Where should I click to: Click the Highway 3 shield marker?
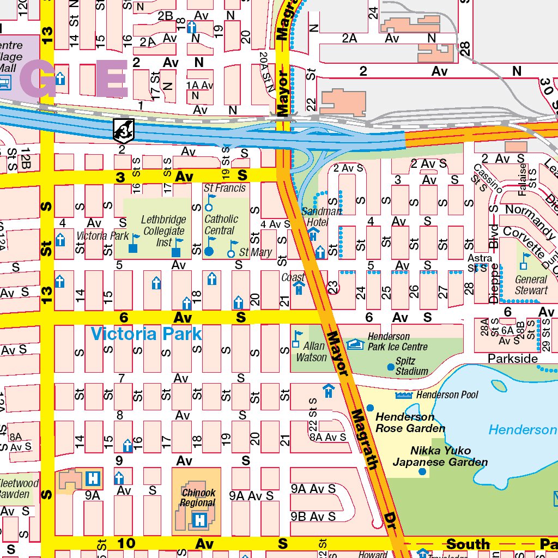click(x=123, y=130)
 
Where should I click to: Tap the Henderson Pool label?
click(x=447, y=395)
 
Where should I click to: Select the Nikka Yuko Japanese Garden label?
click(x=440, y=457)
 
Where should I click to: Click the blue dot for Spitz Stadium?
click(x=391, y=367)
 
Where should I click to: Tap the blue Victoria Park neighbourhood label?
click(x=146, y=334)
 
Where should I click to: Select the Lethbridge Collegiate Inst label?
click(x=163, y=231)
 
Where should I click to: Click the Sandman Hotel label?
click(x=322, y=216)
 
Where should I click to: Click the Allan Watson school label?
click(x=311, y=352)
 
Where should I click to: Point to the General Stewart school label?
click(x=531, y=285)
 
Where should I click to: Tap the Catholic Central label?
click(x=221, y=225)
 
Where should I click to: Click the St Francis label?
click(x=225, y=188)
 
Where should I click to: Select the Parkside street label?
click(x=512, y=359)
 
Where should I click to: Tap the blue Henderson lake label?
click(x=522, y=430)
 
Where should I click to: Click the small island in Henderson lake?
click(x=498, y=385)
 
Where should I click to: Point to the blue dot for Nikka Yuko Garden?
click(x=422, y=471)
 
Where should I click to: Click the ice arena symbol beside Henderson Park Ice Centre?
click(x=355, y=344)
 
